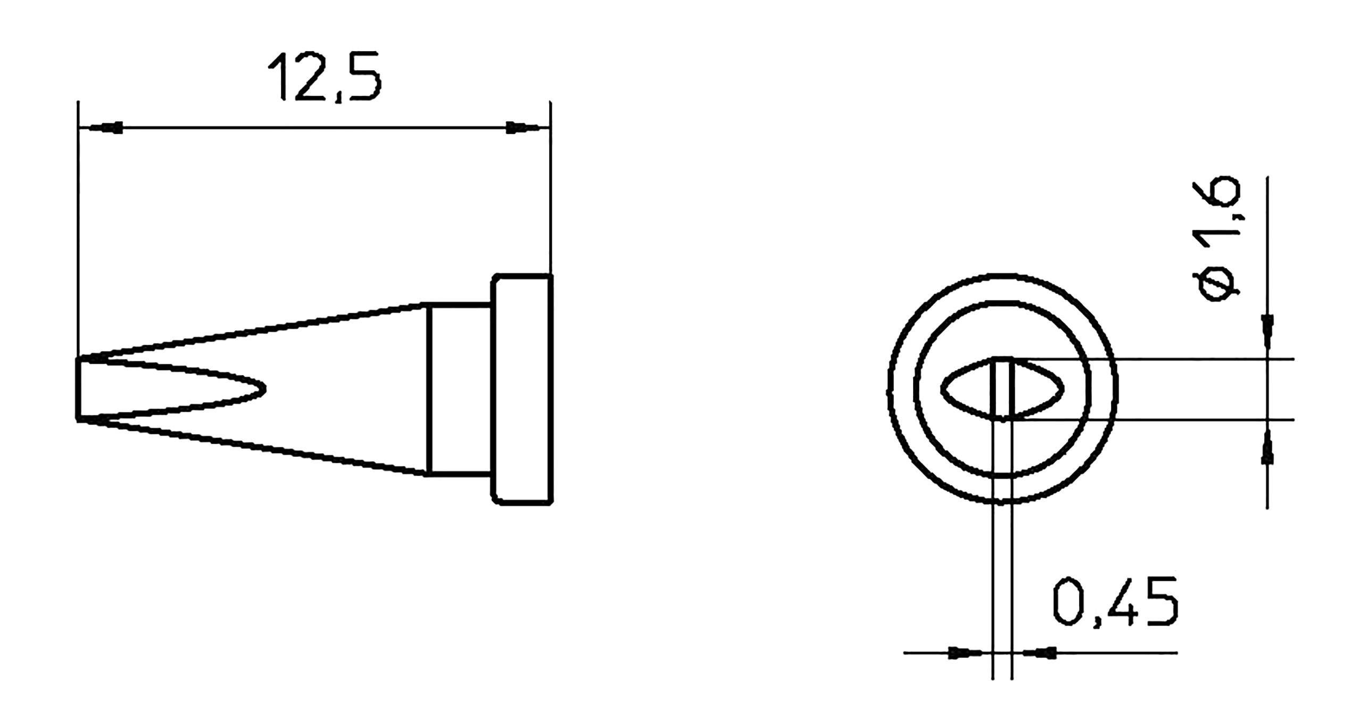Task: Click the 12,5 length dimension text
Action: point(325,77)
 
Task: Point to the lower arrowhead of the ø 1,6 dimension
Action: point(1267,449)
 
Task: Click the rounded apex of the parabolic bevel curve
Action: point(263,390)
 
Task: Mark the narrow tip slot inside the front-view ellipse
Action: point(1002,390)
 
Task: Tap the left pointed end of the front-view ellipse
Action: point(942,389)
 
